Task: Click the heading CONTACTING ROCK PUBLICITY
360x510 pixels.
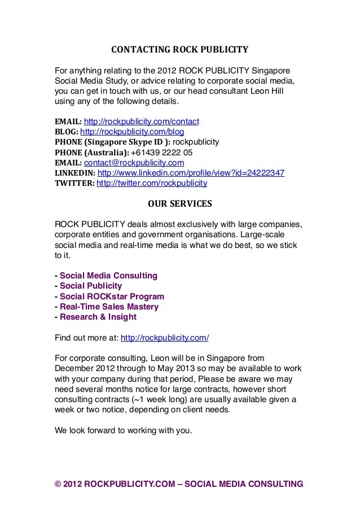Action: [x=179, y=49]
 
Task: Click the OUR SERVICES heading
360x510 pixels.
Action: [x=179, y=203]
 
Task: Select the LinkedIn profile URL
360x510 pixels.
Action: [x=191, y=173]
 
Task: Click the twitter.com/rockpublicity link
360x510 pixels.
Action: [x=152, y=184]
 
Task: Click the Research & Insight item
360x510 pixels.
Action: [x=98, y=317]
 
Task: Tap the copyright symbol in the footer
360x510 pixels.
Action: [x=58, y=484]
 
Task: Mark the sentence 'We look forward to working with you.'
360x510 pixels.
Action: [x=123, y=430]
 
